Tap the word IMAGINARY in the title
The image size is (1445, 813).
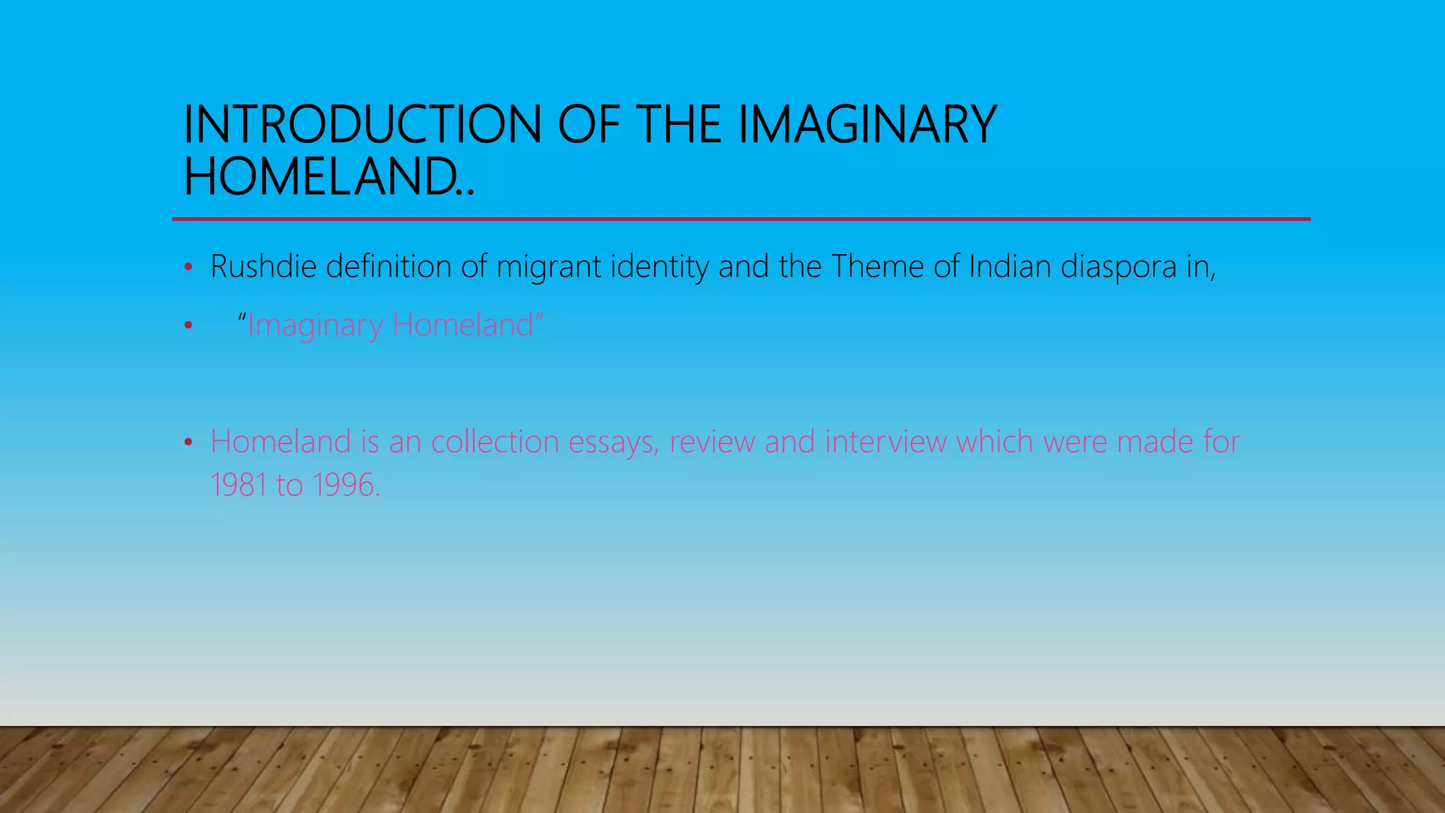[867, 125]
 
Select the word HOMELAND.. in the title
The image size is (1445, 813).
[329, 176]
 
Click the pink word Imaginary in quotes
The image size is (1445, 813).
[315, 326]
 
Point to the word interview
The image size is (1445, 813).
[885, 442]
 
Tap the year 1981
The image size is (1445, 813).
[238, 486]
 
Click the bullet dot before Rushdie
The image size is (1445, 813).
[188, 267]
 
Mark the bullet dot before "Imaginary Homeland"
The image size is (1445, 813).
[188, 325]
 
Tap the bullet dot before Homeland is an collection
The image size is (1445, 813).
[188, 442]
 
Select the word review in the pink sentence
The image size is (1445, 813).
[712, 442]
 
